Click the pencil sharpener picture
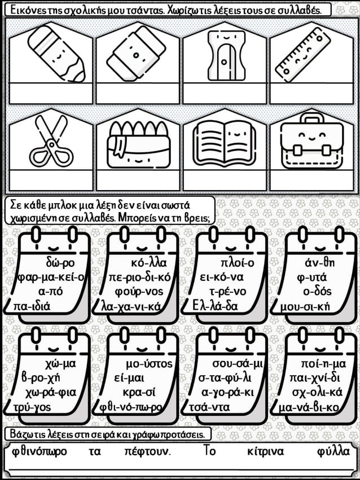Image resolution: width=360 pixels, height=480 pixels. [x=226, y=55]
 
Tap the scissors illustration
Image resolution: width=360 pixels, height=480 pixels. [x=51, y=142]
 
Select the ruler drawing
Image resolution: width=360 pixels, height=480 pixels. [x=303, y=55]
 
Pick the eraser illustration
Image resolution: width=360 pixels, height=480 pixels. [x=137, y=54]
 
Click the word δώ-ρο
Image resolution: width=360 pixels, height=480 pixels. [x=60, y=263]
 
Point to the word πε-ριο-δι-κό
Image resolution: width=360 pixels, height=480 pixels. [x=140, y=278]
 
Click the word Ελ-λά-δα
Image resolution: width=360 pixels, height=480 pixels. [x=215, y=306]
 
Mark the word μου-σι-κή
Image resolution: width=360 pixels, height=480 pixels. [x=305, y=306]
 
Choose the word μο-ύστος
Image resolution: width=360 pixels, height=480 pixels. [x=150, y=364]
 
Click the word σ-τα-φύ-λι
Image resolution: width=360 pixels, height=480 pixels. [x=225, y=378]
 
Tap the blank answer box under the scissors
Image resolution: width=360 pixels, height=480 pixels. [x=51, y=180]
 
